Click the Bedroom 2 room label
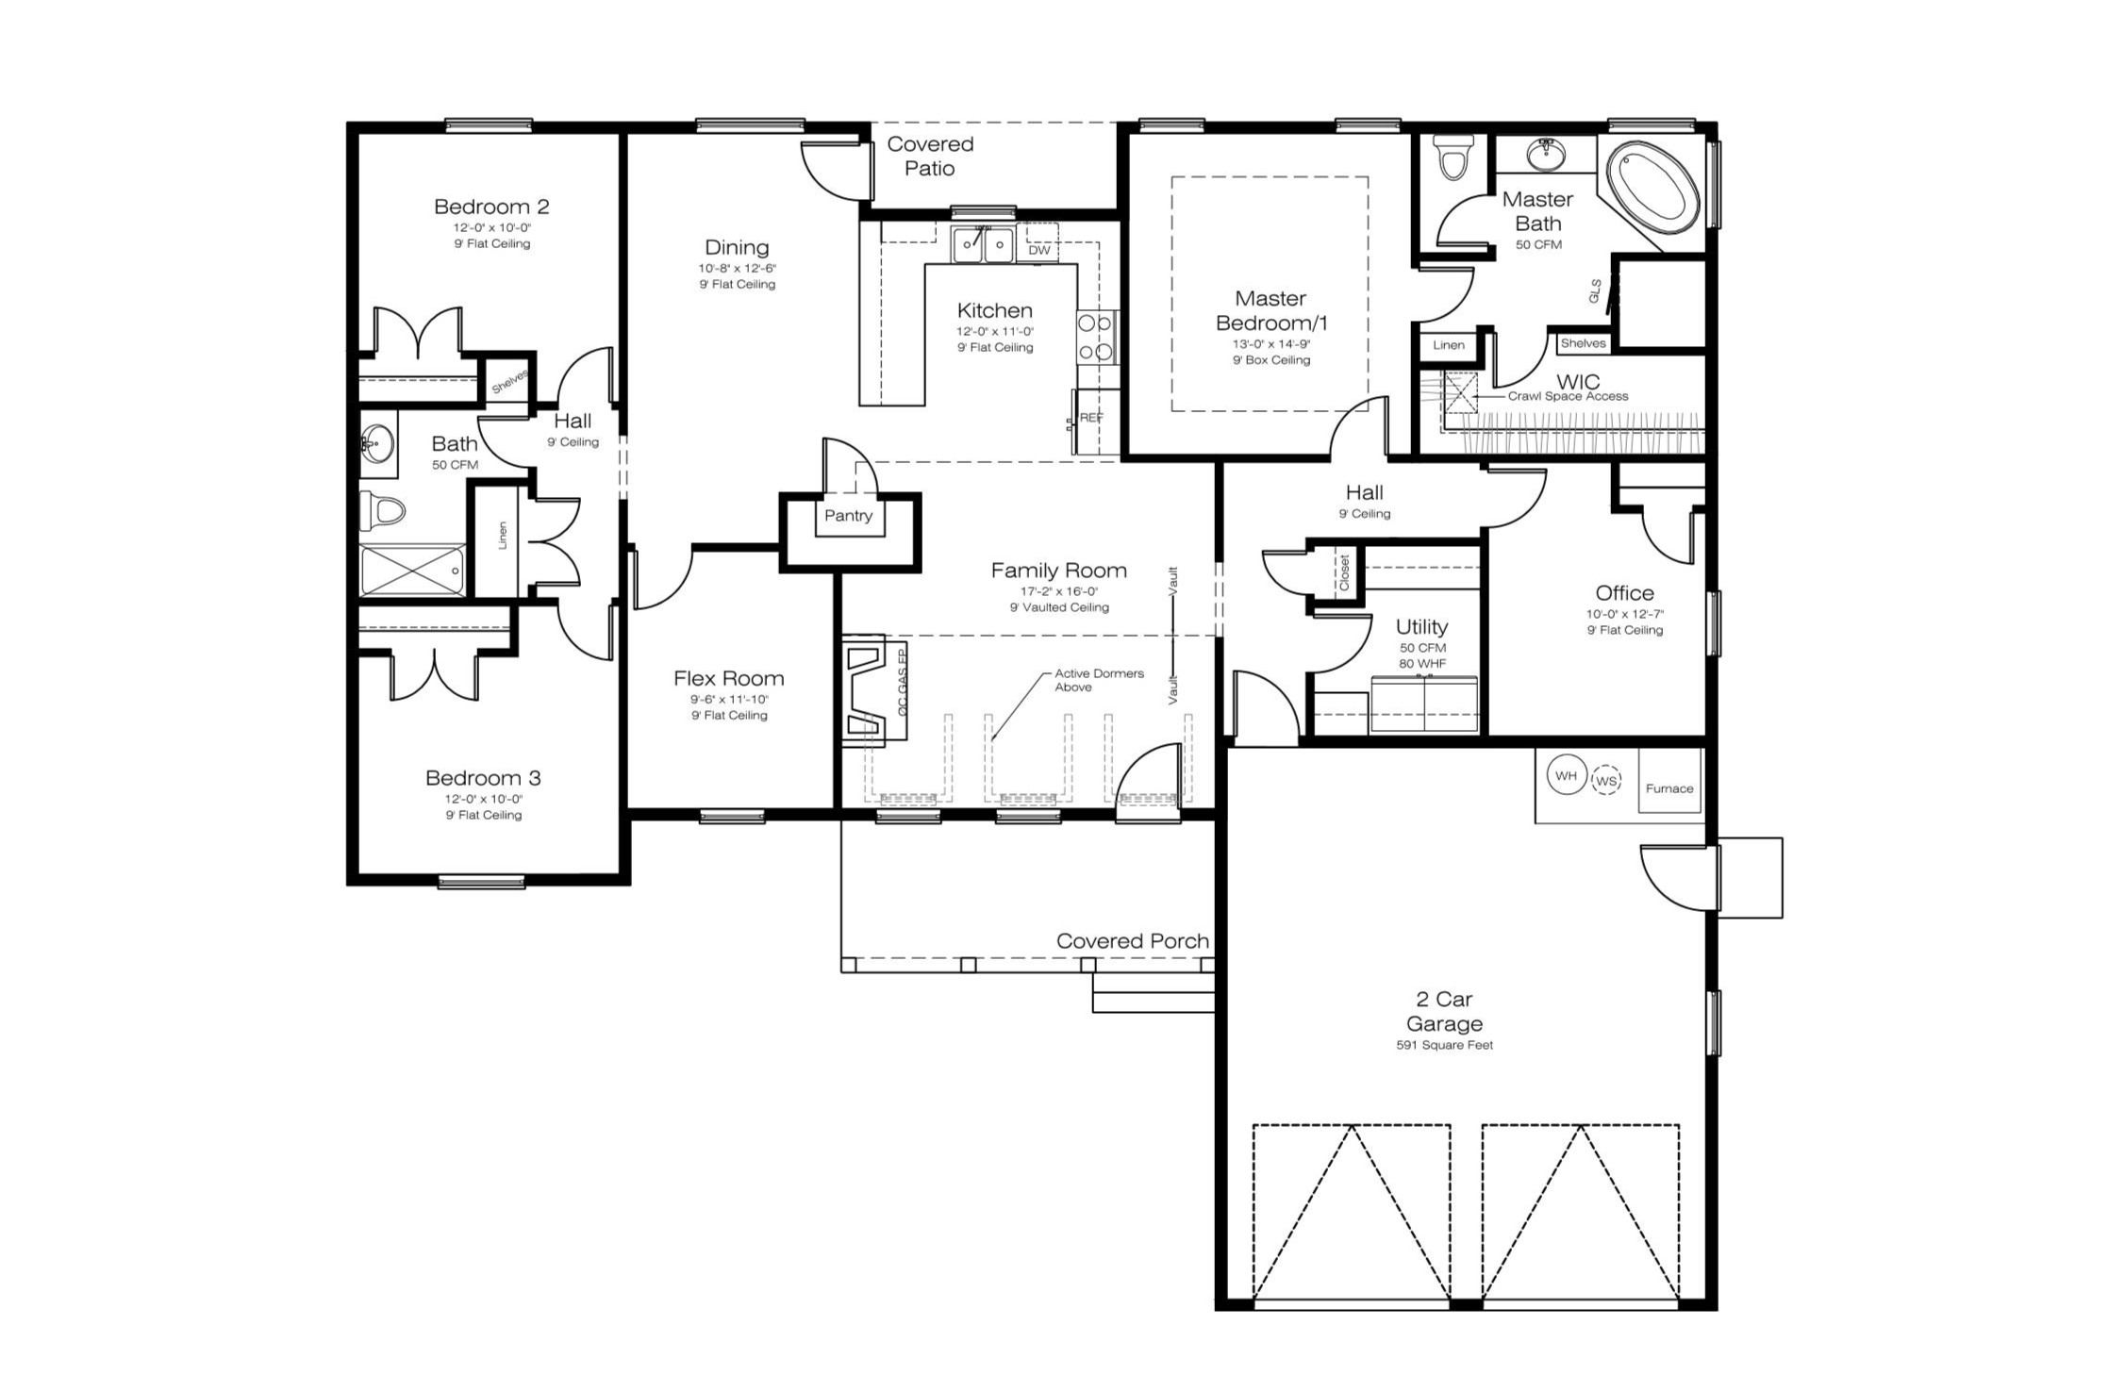point(491,207)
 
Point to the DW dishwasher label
point(1039,250)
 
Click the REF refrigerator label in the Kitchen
point(1091,418)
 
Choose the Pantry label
point(848,516)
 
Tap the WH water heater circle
point(1566,776)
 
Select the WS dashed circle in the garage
point(1605,781)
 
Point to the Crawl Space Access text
point(1568,396)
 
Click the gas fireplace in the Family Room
point(873,686)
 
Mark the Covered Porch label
point(1132,941)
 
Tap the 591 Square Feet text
point(1444,1045)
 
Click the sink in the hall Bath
point(377,442)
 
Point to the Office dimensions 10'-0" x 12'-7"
point(1624,614)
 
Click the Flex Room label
point(728,678)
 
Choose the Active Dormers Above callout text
point(1099,680)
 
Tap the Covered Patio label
point(930,157)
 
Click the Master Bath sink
point(1546,154)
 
